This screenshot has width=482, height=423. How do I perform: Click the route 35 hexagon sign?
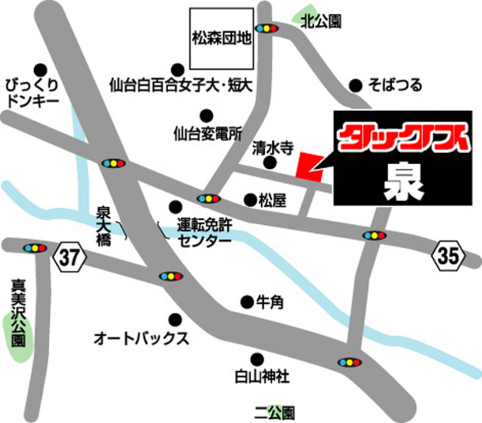pos(447,255)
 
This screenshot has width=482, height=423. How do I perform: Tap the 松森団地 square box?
pos(221,36)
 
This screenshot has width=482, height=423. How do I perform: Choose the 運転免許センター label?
pos(204,230)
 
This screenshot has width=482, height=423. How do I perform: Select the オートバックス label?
pos(142,339)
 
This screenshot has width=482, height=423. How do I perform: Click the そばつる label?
pos(395,85)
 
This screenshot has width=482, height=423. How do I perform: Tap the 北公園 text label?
pos(321,25)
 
